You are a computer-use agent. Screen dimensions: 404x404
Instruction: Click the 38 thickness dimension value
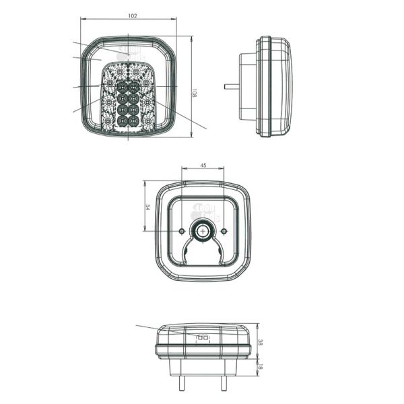point(261,341)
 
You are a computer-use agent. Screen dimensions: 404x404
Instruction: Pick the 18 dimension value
point(261,367)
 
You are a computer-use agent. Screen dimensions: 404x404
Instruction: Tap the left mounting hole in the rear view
point(182,232)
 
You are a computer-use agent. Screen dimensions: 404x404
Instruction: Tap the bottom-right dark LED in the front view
point(134,121)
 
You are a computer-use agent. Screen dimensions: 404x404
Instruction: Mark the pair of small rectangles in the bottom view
point(202,337)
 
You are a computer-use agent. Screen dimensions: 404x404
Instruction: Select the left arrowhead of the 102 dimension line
point(82,19)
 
